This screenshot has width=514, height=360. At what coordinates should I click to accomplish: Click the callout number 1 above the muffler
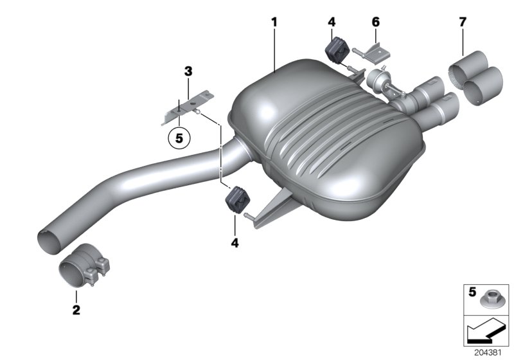pos(274,22)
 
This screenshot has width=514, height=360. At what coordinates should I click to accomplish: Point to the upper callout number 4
pos(331,22)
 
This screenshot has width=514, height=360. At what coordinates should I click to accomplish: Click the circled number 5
pos(179,137)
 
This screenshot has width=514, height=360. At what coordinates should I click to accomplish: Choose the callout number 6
pos(376,22)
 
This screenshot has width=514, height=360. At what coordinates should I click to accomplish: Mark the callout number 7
pos(463,23)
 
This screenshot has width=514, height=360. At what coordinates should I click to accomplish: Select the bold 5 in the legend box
pos(472,292)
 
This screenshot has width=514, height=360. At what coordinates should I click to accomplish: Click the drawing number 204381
pos(492,353)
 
